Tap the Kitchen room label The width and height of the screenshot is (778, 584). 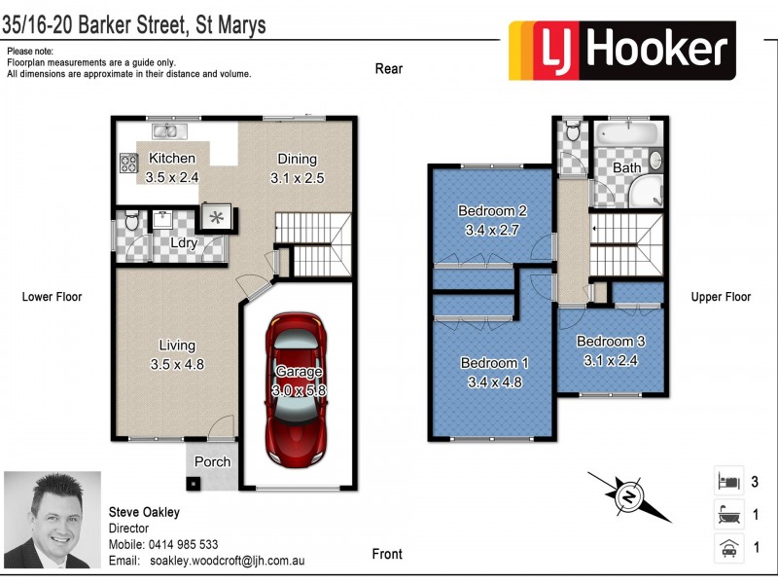tap(172, 159)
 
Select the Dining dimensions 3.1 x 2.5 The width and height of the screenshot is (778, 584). tap(297, 178)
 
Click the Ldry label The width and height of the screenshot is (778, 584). tap(184, 243)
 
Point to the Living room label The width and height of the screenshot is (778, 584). tap(177, 346)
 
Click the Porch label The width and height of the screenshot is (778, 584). tap(213, 461)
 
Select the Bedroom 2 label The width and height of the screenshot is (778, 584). tap(492, 211)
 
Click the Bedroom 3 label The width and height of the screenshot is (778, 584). tap(610, 342)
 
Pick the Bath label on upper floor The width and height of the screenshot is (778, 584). tap(627, 168)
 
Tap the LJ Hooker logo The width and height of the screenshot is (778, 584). tap(622, 51)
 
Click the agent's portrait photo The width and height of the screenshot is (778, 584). tap(53, 519)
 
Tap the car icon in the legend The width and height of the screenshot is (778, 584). tap(726, 547)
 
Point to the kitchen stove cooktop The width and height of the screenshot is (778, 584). tap(128, 163)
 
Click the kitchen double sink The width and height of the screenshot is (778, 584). tap(161, 129)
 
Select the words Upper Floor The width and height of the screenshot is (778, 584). tap(721, 297)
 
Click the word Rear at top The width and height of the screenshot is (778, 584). tap(389, 69)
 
